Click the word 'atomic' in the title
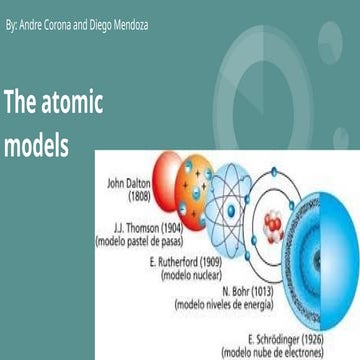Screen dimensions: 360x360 tap(68, 103)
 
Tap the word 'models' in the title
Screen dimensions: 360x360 tap(36, 145)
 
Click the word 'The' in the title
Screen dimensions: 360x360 tap(20, 103)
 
